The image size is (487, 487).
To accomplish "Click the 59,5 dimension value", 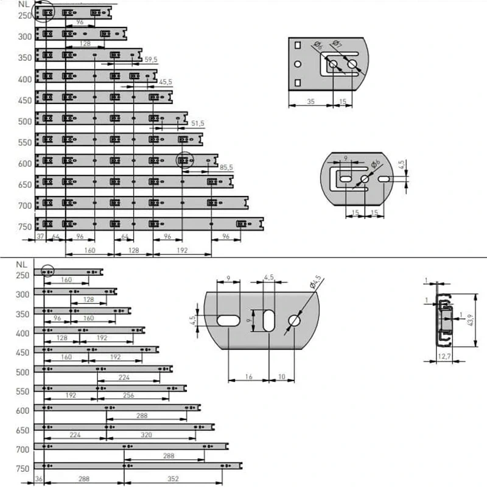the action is [151, 59].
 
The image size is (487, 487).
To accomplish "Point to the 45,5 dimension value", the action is [165, 82].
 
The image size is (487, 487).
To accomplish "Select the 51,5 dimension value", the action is [197, 124].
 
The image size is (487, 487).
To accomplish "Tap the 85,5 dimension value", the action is [226, 167].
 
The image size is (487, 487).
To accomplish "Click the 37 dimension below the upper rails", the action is [40, 236].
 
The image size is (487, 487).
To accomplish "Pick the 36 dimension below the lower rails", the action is [38, 479].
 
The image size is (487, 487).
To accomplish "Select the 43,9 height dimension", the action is [471, 320].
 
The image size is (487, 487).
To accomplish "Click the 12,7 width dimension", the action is [444, 356].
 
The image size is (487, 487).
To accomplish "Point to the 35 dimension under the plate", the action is [310, 102].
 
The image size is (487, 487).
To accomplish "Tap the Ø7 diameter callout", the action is [337, 44].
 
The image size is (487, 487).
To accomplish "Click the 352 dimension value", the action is [173, 479].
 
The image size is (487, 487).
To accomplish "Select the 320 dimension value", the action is [146, 435].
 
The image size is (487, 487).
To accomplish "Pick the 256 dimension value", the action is [128, 395].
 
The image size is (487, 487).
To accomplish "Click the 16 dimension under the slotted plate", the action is [248, 377].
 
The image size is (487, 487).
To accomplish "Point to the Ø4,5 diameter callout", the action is [315, 282].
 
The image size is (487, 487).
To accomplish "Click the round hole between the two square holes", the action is [298, 65].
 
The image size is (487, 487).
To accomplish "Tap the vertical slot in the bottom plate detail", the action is [269, 320].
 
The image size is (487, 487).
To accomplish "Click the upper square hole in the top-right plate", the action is [298, 45].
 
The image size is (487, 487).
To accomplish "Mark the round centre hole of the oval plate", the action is [365, 179].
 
